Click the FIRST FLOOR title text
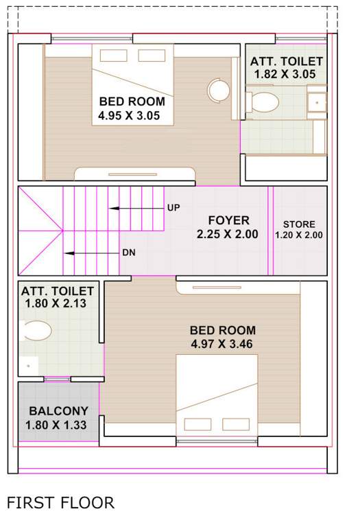click(x=60, y=503)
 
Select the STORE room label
click(x=299, y=224)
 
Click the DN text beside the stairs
click(x=129, y=253)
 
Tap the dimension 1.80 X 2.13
click(x=56, y=303)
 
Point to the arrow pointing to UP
click(x=134, y=207)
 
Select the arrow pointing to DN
click(x=93, y=253)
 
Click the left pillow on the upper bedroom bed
click(x=114, y=56)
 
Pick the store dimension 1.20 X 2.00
click(x=299, y=235)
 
